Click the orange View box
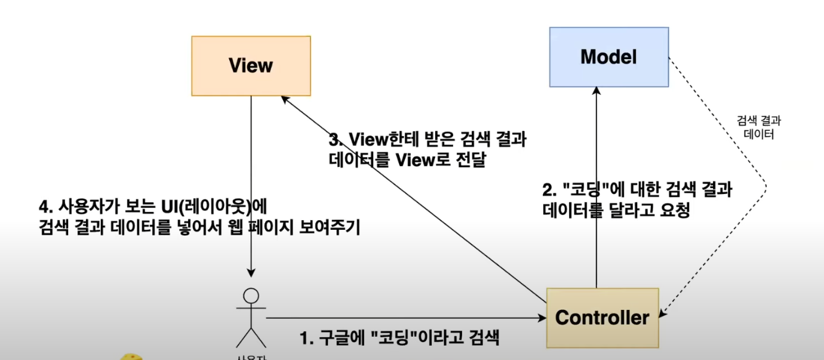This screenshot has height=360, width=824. click(251, 66)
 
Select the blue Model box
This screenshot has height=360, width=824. click(608, 57)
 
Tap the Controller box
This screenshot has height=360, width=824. click(602, 318)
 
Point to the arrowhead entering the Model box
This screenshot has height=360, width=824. click(597, 92)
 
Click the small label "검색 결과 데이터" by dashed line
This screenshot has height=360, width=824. click(758, 128)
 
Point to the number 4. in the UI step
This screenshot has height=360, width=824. click(45, 207)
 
